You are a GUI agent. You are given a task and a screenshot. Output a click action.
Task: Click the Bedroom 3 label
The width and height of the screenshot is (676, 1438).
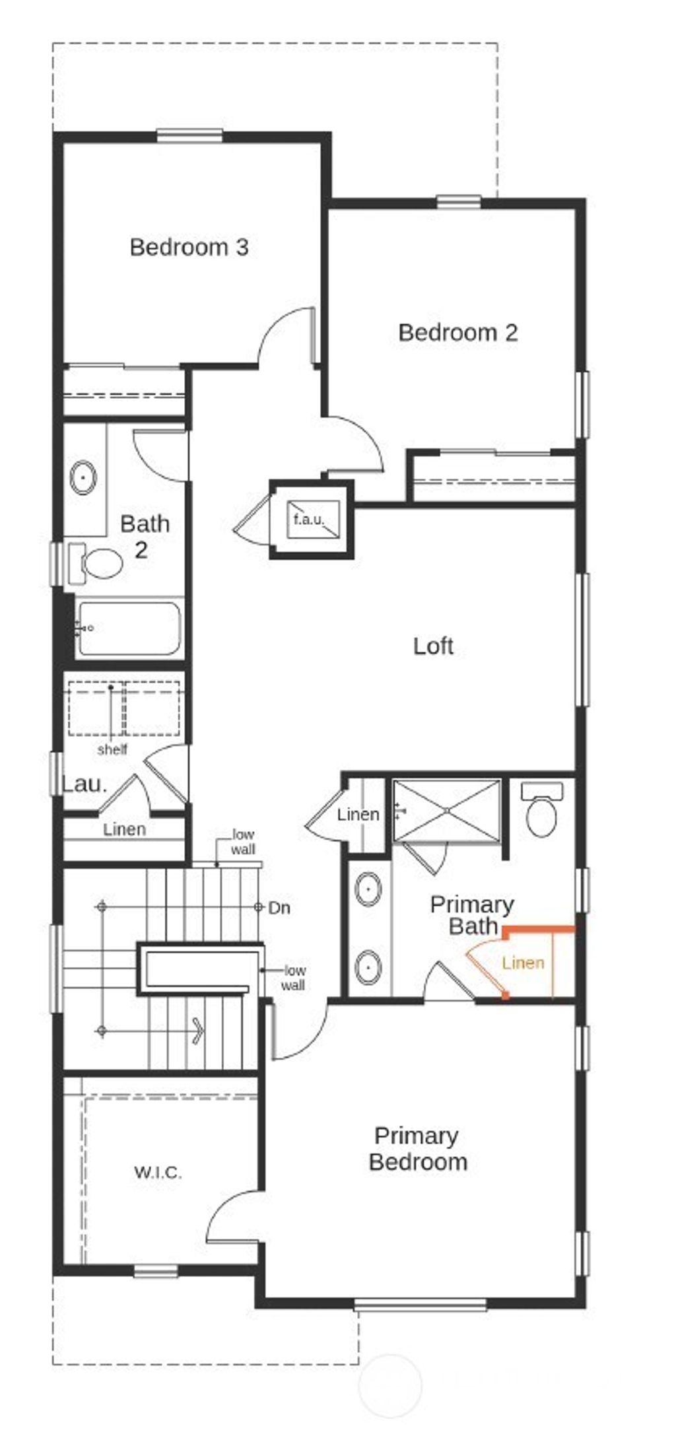(189, 247)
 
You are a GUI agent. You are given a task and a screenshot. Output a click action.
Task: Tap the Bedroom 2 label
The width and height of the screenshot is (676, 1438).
(457, 332)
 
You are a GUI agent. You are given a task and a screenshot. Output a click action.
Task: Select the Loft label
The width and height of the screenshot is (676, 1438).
(433, 646)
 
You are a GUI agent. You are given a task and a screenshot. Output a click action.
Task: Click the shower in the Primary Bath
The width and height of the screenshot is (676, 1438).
(446, 810)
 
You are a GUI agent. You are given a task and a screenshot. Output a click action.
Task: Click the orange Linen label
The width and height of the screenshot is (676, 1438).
(523, 963)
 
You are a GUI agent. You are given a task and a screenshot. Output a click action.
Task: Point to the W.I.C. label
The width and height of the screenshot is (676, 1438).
(158, 1173)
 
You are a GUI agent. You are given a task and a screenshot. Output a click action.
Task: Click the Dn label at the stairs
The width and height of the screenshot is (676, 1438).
(279, 908)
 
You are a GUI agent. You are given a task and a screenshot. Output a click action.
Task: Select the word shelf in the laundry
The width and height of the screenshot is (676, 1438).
(112, 749)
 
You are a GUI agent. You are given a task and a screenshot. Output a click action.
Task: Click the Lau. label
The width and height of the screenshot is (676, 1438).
(84, 784)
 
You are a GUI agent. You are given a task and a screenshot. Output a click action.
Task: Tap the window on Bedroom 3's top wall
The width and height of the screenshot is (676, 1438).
(189, 136)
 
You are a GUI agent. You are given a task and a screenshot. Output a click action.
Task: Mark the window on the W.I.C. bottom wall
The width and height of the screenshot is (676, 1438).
(156, 1270)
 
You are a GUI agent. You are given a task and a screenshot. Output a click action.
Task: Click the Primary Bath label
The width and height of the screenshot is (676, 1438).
(472, 915)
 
